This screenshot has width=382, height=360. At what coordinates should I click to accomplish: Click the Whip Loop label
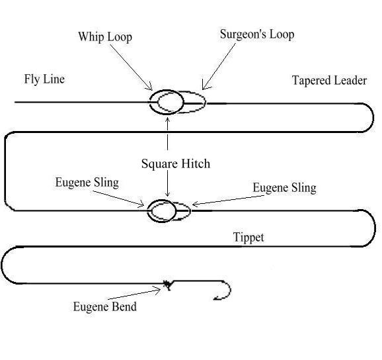coord(105,36)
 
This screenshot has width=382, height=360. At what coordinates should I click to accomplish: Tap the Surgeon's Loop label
coord(256,34)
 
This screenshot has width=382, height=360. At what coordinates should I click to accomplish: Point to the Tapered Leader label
coord(328,80)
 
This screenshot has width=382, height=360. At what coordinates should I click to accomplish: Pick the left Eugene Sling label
coord(87,182)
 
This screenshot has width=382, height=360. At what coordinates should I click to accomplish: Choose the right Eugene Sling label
coord(284,188)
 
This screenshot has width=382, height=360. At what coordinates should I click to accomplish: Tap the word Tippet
coord(248,238)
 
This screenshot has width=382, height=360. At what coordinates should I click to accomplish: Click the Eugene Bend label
coord(105,306)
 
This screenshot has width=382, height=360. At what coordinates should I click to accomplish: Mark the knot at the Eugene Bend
coord(167,285)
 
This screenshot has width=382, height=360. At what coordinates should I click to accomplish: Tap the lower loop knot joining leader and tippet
coord(169,211)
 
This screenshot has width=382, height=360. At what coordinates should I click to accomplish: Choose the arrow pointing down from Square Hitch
coord(168,185)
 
